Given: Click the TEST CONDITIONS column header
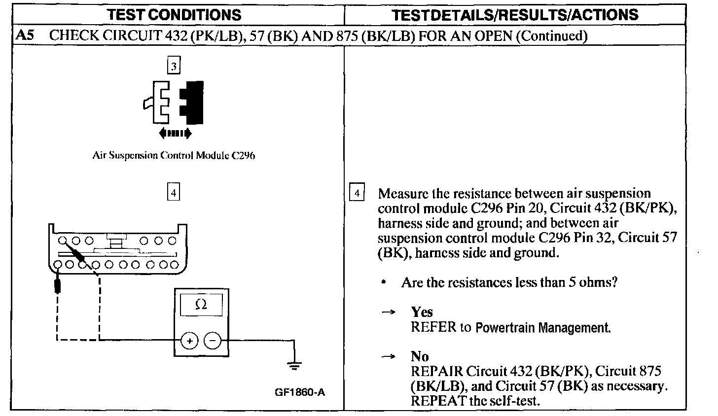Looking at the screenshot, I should point(175,14).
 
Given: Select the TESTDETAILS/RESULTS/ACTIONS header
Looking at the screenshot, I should point(515,14).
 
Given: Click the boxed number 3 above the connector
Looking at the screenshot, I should point(174,66).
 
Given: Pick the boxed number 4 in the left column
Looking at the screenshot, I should point(173,192).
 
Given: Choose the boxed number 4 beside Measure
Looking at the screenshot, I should point(357,193).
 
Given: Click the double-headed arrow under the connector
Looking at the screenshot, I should point(174,133).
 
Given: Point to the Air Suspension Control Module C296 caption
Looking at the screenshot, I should point(174,156).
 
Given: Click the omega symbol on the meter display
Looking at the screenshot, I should point(201,305).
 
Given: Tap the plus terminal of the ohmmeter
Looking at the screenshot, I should point(190,340).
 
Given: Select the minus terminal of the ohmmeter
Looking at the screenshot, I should point(213,340).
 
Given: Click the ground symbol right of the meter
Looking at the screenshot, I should point(294,366).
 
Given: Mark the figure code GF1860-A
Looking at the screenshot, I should point(300,392).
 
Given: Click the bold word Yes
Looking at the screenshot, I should point(422,312).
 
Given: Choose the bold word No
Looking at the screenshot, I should point(420,356).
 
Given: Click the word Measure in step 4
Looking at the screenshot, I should point(403,193).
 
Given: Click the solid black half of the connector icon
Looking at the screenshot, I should point(193,102).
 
